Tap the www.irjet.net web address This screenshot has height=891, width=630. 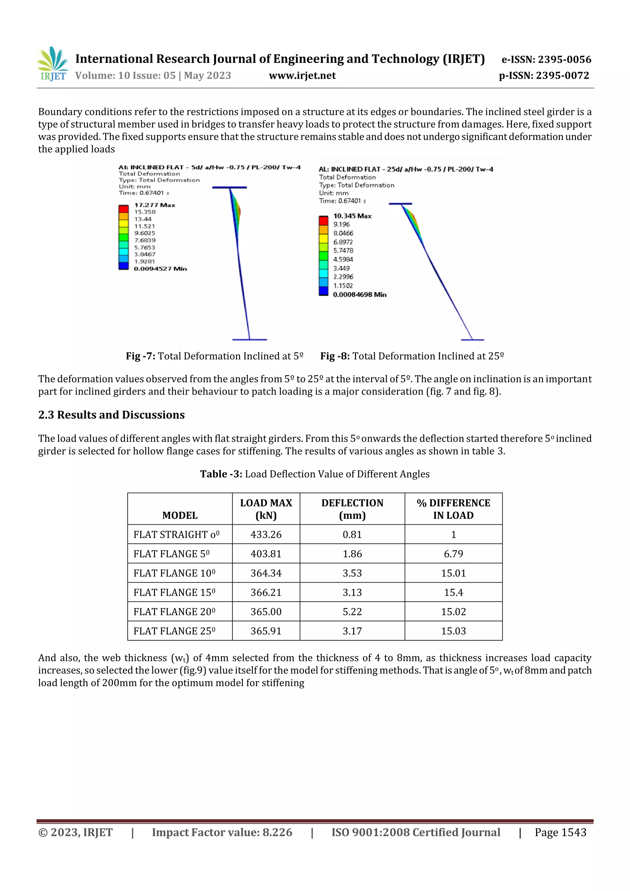coord(302,75)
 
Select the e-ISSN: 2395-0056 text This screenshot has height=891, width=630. coord(546,59)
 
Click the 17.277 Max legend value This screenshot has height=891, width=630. coord(154,205)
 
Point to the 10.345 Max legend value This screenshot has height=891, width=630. coord(352,216)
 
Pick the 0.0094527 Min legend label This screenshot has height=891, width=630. coord(160,268)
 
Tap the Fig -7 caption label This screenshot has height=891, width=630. coord(141,356)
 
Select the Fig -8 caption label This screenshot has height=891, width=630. coord(335,356)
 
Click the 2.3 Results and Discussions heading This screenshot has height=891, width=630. coord(111,415)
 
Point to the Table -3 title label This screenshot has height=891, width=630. coord(221,474)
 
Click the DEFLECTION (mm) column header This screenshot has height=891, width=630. coord(352,509)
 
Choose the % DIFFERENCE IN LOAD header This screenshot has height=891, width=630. coord(453,509)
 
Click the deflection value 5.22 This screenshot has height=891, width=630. coord(352,612)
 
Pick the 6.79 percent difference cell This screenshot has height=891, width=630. coord(453,554)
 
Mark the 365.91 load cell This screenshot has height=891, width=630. coord(266,631)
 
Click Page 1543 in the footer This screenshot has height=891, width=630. coord(560,832)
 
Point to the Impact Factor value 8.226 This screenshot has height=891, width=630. coord(222,832)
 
